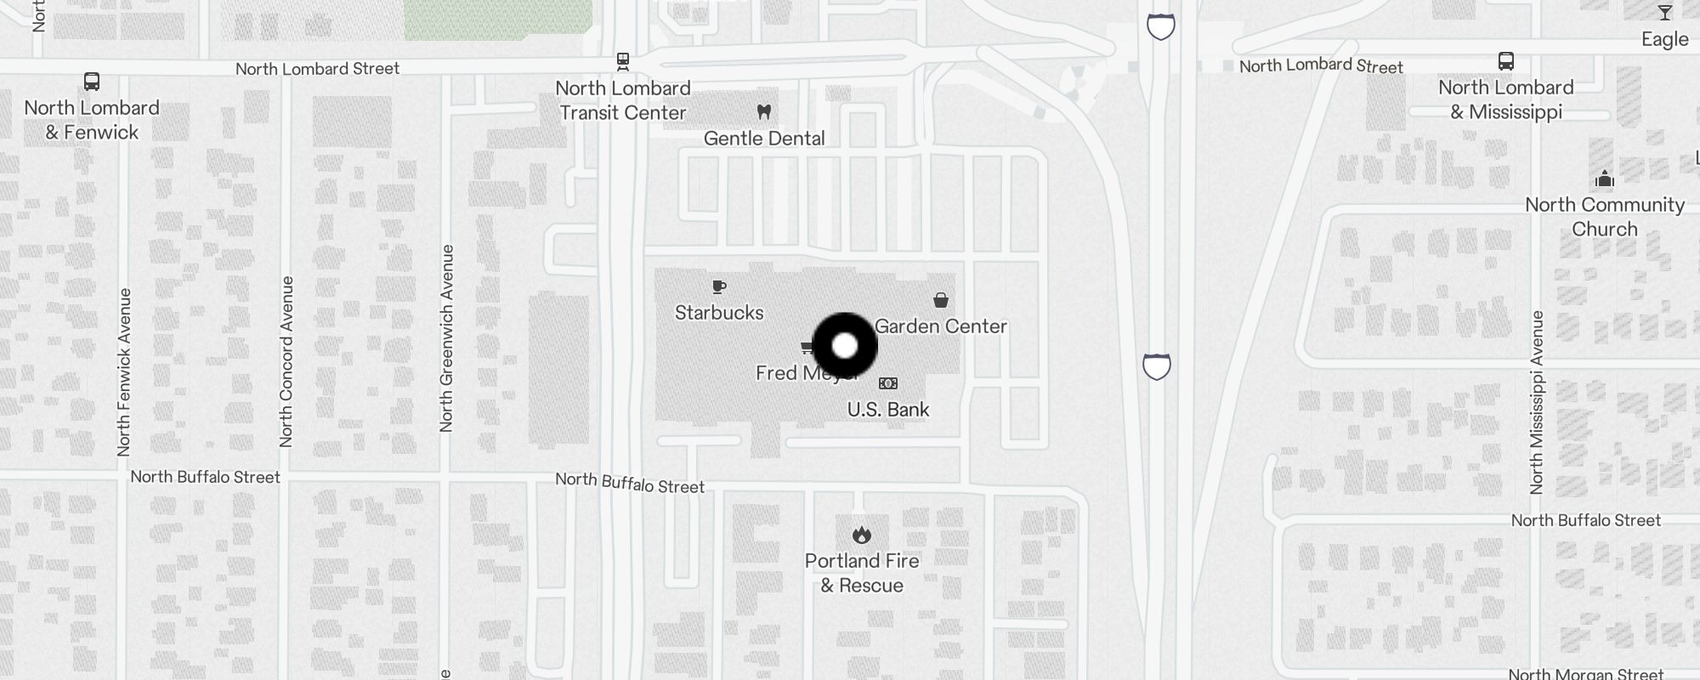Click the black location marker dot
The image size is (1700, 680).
pos(845,346)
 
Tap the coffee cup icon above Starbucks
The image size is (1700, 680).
pos(719,287)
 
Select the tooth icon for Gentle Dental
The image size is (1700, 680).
pos(763,111)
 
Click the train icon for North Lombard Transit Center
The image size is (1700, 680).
pos(623,61)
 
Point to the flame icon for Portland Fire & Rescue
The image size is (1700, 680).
pos(862,535)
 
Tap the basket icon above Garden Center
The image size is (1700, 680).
pos(941,300)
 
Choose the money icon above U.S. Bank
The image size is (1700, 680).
pos(888,383)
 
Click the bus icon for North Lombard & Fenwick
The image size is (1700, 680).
pos(92,82)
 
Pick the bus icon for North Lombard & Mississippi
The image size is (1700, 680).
pos(1505,61)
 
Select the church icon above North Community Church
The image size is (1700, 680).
pos(1604,178)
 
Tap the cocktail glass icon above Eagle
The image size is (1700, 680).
pos(1664,13)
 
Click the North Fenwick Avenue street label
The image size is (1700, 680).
pos(124,371)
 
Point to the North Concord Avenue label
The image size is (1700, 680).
pos(286,361)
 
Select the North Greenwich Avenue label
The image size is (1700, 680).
pos(447,338)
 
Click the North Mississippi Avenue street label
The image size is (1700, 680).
pos(1537,402)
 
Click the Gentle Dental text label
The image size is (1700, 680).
pos(764,139)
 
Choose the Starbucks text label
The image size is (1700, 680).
pos(719,313)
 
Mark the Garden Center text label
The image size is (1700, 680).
pos(941,326)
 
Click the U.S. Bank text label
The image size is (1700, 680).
pos(888,410)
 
